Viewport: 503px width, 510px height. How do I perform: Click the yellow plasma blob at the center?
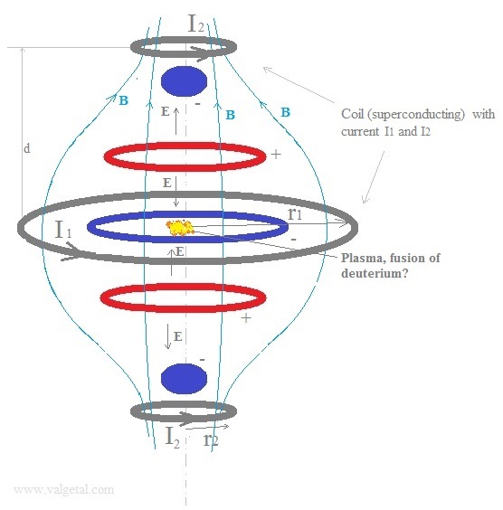click(180, 228)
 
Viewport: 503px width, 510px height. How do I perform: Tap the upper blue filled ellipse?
click(185, 81)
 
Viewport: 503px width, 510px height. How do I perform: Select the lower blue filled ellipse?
click(185, 379)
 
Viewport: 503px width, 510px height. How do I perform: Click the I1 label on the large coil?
click(63, 230)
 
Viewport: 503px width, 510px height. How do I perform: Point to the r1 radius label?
click(295, 213)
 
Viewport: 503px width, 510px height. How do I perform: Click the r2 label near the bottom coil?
click(211, 440)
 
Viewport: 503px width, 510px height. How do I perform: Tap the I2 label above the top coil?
click(196, 24)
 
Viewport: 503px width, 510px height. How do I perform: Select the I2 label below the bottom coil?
click(173, 437)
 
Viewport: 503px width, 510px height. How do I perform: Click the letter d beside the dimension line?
click(27, 148)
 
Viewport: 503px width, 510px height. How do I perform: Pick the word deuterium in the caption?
click(371, 273)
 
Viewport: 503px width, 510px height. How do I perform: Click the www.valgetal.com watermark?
click(63, 489)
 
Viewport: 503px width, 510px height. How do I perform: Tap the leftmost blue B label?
click(124, 100)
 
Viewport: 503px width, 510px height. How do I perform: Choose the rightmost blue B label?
click(285, 112)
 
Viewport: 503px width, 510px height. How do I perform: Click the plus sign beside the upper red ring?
click(276, 154)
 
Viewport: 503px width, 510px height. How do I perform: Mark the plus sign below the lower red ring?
click(246, 317)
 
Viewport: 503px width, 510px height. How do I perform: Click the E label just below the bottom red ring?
click(177, 336)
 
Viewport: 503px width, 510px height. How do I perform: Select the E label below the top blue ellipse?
click(166, 111)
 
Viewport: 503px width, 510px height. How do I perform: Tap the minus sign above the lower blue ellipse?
click(203, 360)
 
